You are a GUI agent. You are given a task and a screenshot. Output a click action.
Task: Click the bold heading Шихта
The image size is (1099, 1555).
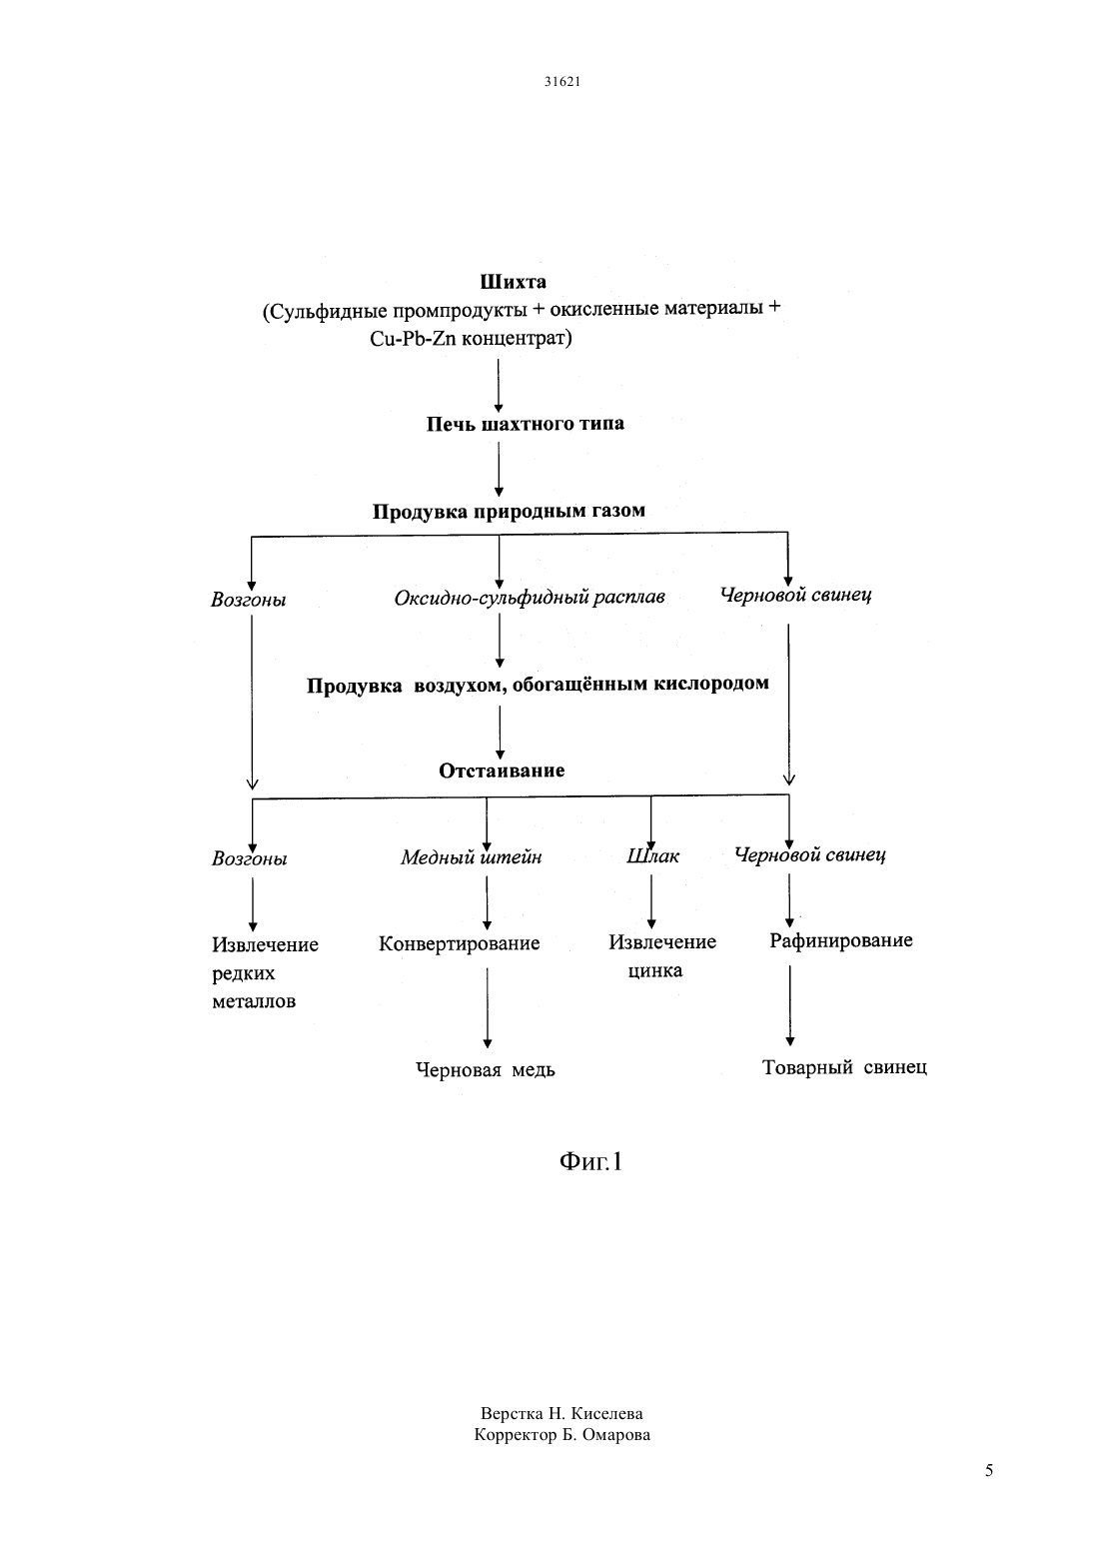tap(513, 282)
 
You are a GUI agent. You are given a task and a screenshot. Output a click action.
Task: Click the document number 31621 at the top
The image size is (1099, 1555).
tap(561, 81)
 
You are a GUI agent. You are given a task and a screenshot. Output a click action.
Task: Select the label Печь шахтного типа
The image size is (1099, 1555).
tap(526, 424)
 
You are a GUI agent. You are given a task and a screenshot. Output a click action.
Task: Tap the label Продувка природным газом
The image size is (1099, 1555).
tap(509, 512)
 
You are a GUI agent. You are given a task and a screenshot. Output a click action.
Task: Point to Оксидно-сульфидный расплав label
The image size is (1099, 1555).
tap(530, 597)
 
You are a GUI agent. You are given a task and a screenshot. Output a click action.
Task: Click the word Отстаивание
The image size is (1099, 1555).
tap(502, 770)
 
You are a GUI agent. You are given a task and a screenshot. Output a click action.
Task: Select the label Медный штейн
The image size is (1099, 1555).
tap(472, 857)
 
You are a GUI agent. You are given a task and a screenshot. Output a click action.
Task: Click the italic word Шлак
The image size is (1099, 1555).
tap(652, 856)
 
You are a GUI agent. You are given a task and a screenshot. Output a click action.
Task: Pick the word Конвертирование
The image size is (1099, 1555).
tap(460, 944)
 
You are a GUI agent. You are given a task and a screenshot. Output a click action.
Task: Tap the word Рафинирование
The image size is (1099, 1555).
tap(841, 940)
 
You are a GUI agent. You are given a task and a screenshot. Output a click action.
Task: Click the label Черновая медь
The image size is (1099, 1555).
tap(485, 1069)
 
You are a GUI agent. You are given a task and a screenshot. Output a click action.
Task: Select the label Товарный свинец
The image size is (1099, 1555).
tap(844, 1067)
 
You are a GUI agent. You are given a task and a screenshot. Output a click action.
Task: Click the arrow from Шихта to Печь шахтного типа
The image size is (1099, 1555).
tap(499, 386)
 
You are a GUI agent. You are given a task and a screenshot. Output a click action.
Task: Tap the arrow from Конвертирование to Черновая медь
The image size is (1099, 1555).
tap(488, 1008)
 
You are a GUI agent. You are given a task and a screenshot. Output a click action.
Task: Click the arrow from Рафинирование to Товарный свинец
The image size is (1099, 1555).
tap(789, 1005)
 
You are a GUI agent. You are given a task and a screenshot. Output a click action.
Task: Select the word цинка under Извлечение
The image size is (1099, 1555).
tap(655, 971)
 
